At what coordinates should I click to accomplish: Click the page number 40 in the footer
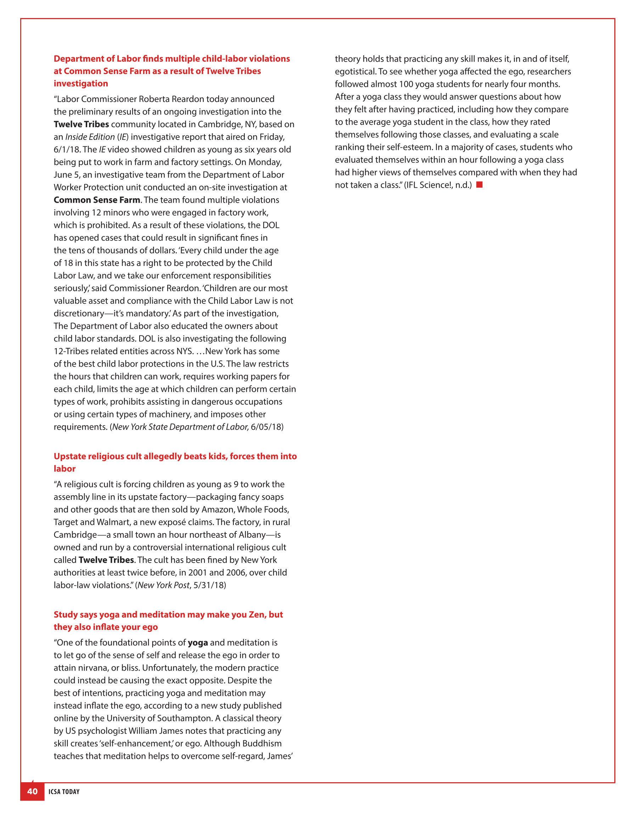(x=32, y=791)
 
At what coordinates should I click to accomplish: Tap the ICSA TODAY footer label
(x=64, y=791)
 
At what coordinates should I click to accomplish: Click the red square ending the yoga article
(x=479, y=184)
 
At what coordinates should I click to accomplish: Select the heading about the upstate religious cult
(x=175, y=462)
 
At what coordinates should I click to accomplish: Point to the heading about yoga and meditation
(x=168, y=620)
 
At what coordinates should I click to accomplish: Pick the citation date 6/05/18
(x=266, y=427)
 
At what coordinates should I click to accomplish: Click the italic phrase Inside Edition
(x=90, y=137)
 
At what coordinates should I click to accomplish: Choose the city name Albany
(x=252, y=535)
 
